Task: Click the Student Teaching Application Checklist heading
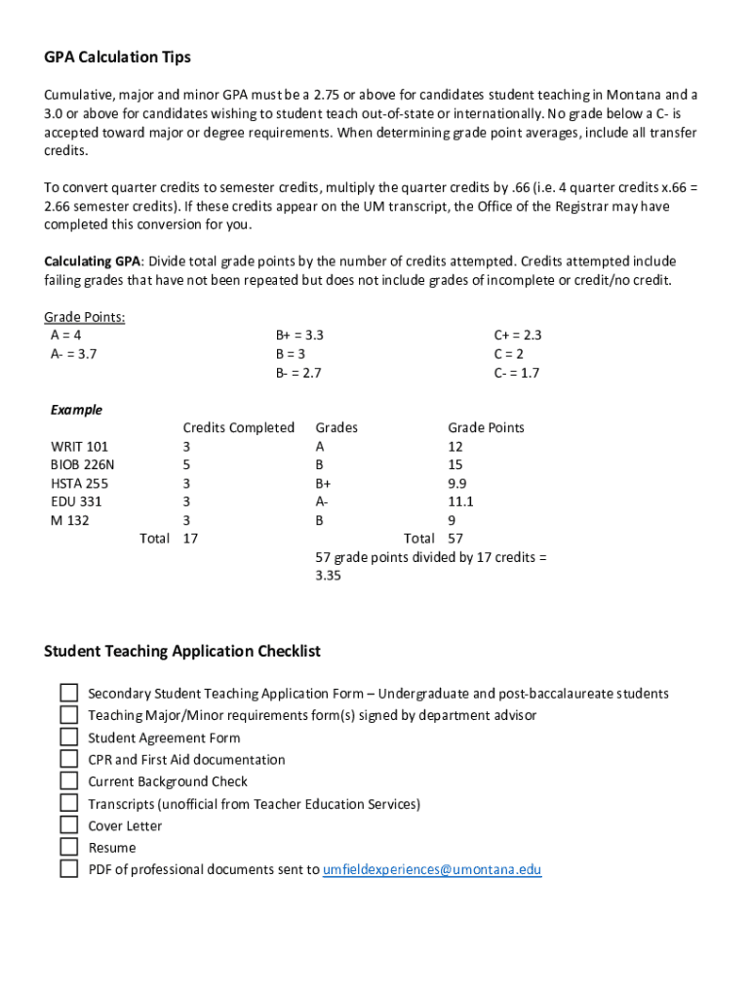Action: tap(182, 651)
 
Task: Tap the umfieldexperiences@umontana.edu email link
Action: tap(431, 869)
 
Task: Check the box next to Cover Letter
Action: tap(69, 825)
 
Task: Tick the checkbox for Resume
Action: tap(69, 847)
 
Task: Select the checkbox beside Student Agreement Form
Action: tap(69, 738)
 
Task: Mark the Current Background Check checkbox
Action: tap(69, 781)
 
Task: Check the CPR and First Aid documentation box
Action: tap(69, 759)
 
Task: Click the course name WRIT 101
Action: tap(79, 447)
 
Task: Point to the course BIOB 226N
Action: tap(82, 465)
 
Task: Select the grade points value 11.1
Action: tap(460, 501)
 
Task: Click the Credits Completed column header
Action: tap(238, 428)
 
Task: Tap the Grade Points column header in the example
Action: tap(486, 428)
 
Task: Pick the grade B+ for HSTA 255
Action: tap(323, 484)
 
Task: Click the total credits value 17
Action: tap(191, 539)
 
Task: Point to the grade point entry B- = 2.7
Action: tap(298, 373)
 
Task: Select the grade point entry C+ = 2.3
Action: tap(517, 336)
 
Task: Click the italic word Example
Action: tap(76, 410)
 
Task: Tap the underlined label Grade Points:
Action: tap(84, 317)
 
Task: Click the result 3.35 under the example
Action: tap(328, 576)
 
